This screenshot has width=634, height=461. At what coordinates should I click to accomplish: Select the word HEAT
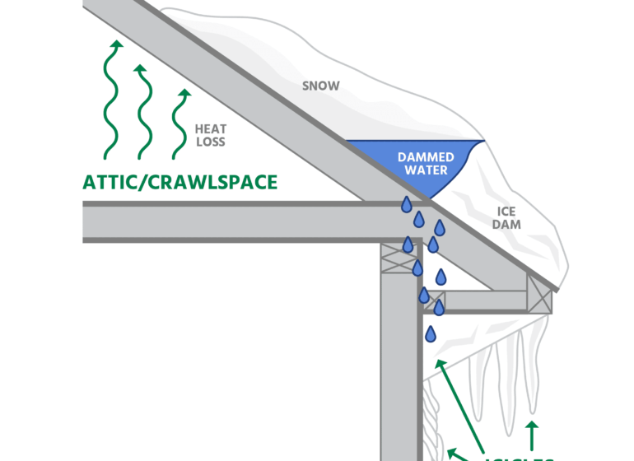coord(211,129)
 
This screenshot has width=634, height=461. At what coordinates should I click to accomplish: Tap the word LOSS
coord(211,142)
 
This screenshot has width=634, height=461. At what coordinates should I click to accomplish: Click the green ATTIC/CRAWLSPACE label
coord(179,182)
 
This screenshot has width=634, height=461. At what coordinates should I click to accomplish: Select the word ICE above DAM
coord(506,210)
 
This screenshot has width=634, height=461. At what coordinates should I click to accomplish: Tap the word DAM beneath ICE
coord(506,223)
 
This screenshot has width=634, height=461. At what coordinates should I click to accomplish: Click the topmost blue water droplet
coord(406,204)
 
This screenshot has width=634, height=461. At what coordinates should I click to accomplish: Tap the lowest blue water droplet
coord(431,334)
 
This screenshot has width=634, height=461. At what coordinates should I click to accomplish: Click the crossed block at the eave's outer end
coord(540,292)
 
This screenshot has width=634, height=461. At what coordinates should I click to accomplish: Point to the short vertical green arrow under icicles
coord(532,437)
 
